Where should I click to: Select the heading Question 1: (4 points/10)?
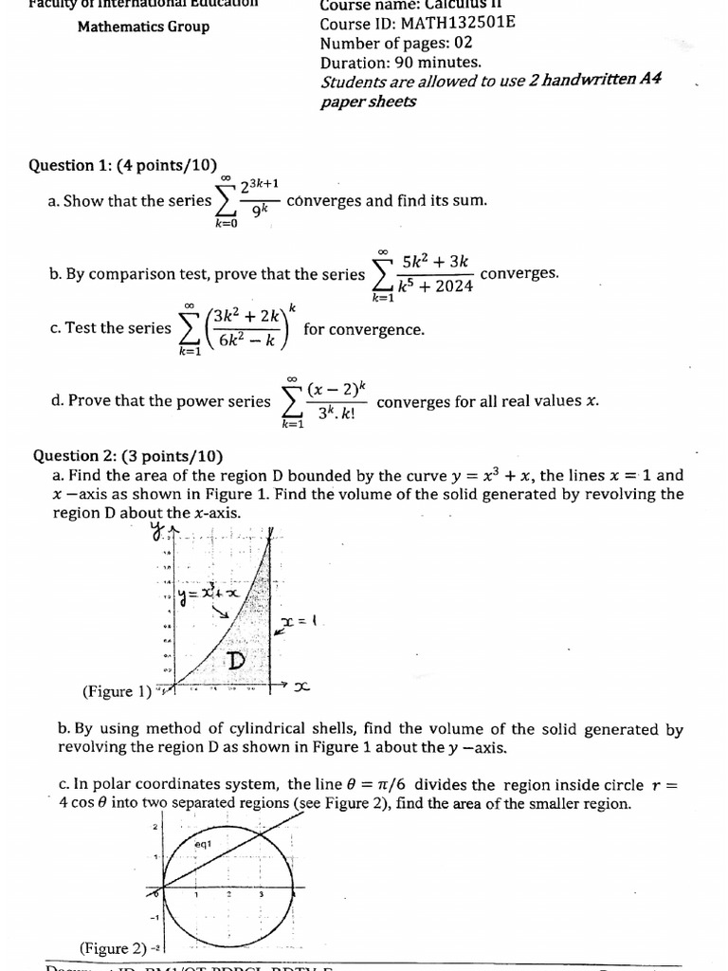click(x=122, y=165)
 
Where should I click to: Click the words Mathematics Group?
click(x=143, y=26)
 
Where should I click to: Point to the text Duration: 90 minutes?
click(x=400, y=62)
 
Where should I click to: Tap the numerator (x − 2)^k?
click(x=337, y=389)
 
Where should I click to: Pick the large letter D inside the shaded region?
click(x=236, y=660)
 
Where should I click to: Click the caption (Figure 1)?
click(x=117, y=691)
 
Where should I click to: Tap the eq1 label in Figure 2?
click(x=203, y=843)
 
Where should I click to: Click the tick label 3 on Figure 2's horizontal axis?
click(x=262, y=894)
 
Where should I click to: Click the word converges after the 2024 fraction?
click(x=519, y=273)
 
